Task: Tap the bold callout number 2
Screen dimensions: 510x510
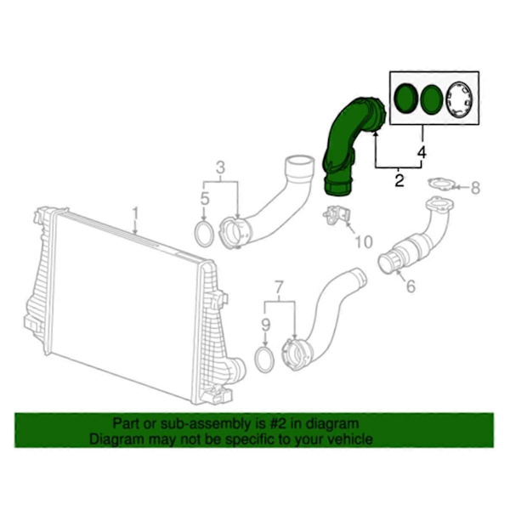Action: pos(399,180)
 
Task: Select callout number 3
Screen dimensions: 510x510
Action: pos(220,167)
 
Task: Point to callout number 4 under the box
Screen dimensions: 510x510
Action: pos(422,152)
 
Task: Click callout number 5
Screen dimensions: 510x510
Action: pos(204,199)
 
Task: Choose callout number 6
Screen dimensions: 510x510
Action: pos(411,286)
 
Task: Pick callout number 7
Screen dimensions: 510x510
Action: pos(280,287)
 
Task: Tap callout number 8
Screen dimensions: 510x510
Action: pos(475,188)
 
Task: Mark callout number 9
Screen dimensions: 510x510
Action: pos(266,325)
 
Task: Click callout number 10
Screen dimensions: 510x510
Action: pos(363,242)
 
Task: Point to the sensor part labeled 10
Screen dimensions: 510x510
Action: pos(337,215)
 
